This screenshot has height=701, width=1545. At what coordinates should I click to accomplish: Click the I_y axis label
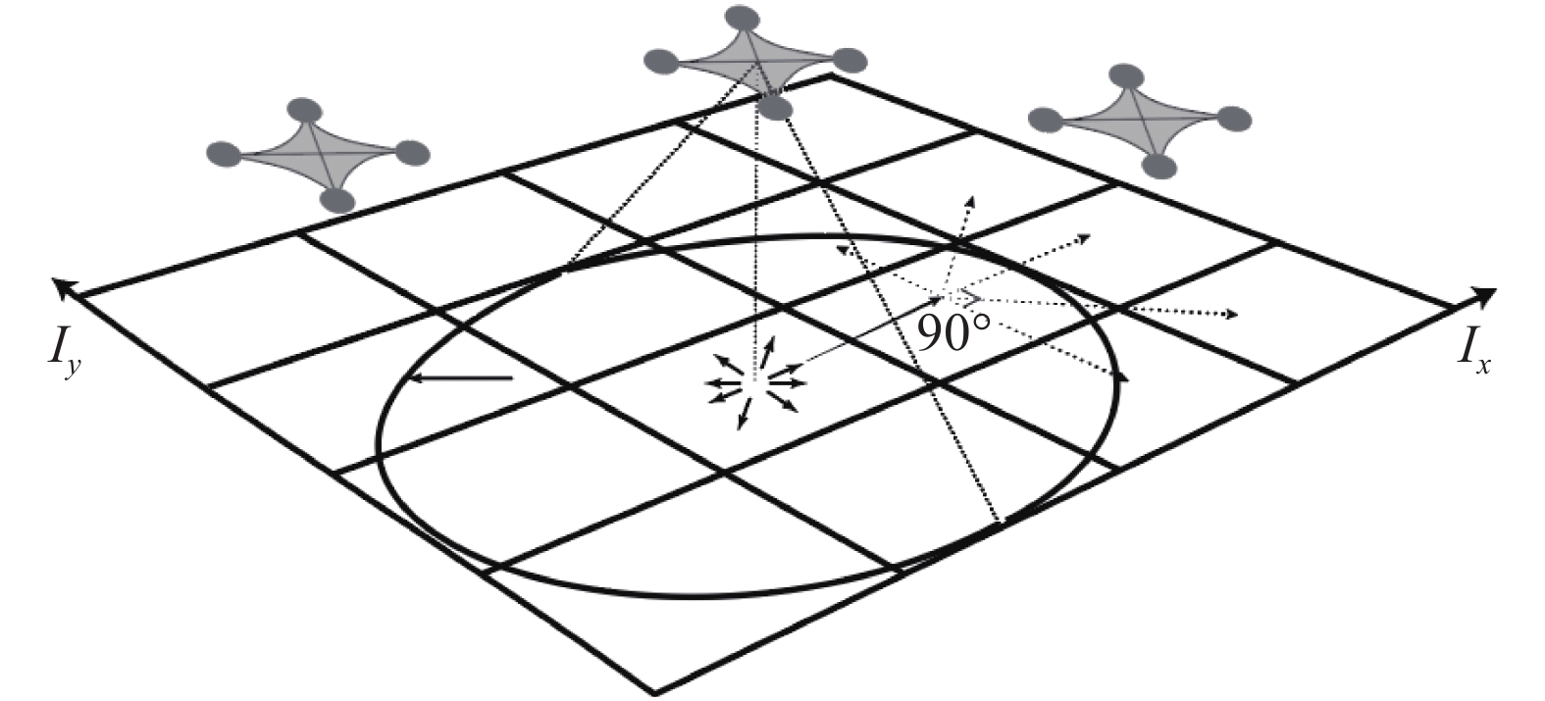[61, 347]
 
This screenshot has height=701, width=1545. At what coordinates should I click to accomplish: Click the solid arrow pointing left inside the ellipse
[461, 377]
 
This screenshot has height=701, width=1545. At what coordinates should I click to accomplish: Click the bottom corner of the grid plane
[654, 692]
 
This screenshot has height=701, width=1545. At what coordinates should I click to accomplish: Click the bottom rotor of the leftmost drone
[336, 200]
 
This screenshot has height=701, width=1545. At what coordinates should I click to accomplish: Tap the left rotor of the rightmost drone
[1046, 120]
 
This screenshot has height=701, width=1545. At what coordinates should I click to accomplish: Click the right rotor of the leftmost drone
[413, 153]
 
